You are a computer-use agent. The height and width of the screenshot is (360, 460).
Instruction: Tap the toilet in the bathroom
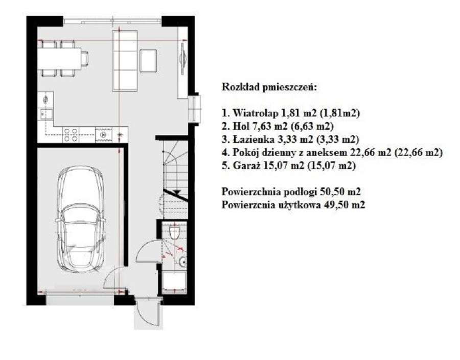pyautogui.click(x=175, y=232)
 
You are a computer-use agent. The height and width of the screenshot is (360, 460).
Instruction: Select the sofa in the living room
pyautogui.click(x=125, y=60)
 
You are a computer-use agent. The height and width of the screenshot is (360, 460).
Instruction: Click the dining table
pyautogui.click(x=60, y=59)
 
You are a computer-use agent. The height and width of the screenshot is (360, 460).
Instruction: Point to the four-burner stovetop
pyautogui.click(x=71, y=135)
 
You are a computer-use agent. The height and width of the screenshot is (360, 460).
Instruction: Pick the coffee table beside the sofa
pyautogui.click(x=148, y=61)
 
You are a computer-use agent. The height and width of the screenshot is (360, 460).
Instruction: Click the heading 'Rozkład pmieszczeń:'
pyautogui.click(x=269, y=87)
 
